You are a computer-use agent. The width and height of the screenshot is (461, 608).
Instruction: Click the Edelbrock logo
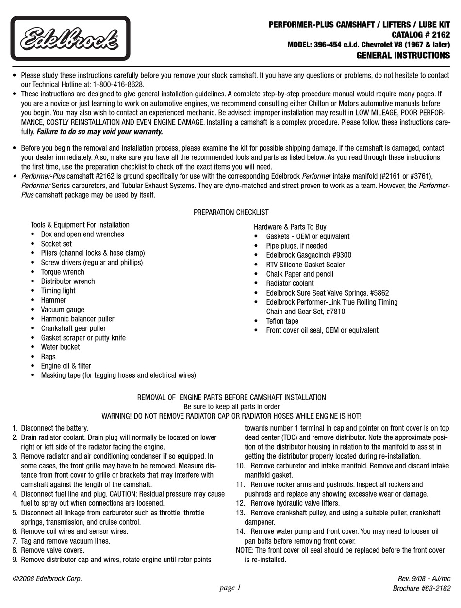pyautogui.click(x=70, y=38)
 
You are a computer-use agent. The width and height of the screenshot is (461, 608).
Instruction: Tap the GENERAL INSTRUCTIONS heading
pyautogui.click(x=403, y=55)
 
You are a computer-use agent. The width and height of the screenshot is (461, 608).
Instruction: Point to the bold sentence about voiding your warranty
pyautogui.click(x=99, y=131)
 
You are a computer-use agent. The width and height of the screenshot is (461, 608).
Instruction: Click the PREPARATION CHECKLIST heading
pyautogui.click(x=231, y=212)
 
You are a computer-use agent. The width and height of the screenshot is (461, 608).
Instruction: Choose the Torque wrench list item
pyautogui.click(x=62, y=272)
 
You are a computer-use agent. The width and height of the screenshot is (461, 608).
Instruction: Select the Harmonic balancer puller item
pyautogui.click(x=78, y=319)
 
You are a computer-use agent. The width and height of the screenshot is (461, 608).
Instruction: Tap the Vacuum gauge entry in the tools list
pyautogui.click(x=62, y=310)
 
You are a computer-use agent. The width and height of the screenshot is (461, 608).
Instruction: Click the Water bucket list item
pyautogui.click(x=60, y=347)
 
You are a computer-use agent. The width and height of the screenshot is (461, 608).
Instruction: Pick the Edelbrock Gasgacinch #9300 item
pyautogui.click(x=309, y=255)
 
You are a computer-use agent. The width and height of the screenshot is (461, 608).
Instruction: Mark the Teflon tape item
pyautogui.click(x=282, y=321)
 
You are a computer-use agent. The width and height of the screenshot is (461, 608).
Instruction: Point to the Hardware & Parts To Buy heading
pyautogui.click(x=290, y=227)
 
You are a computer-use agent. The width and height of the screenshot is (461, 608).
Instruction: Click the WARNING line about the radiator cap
pyautogui.click(x=231, y=416)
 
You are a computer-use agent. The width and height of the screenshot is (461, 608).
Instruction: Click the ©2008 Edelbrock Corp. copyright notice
pyautogui.click(x=48, y=579)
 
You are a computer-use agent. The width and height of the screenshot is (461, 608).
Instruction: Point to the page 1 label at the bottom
pyautogui.click(x=230, y=588)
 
